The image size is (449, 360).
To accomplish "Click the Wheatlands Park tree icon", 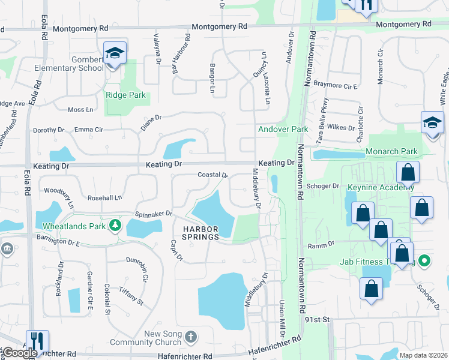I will point(115,226).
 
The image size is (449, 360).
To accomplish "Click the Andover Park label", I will point(283,129).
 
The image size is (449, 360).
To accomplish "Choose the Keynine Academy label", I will point(381,187).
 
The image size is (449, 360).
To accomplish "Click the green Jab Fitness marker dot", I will point(424,261).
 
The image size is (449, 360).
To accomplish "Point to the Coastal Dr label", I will point(213,175).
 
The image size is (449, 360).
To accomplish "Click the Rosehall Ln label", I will point(104,197).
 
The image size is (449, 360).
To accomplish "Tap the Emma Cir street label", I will point(89,130).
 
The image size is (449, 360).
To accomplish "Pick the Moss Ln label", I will point(80,110).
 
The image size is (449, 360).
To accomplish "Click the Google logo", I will point(19,353).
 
